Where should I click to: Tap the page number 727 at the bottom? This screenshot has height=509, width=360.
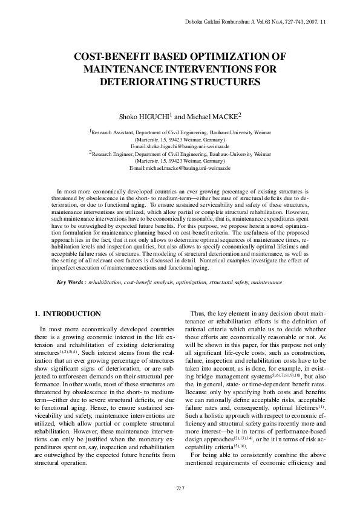[x=180, y=488]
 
